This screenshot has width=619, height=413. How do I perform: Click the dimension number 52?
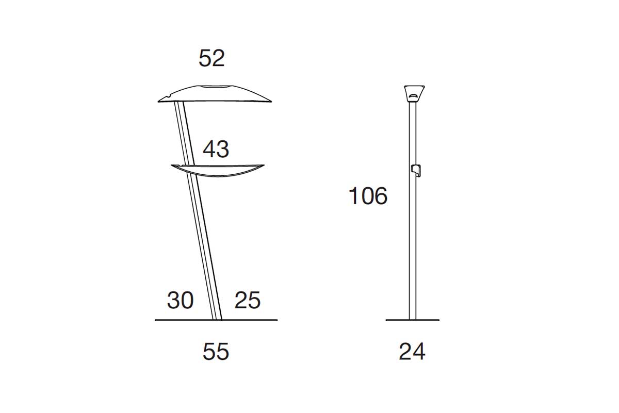pos(211,58)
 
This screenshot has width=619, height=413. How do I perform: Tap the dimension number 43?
pos(216,149)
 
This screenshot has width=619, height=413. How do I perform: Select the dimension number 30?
pos(180,300)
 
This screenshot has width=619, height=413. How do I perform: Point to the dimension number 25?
pos(247,300)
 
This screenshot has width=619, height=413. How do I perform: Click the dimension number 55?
pos(216,352)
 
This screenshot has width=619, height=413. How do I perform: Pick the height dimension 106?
pos(368,196)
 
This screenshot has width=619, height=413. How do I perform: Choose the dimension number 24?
pos(412,352)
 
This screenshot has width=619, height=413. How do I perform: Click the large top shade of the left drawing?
pos(215,94)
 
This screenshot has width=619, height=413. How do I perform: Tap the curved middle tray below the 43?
pos(218,171)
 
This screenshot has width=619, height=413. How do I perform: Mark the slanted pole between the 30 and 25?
pos(199,211)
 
